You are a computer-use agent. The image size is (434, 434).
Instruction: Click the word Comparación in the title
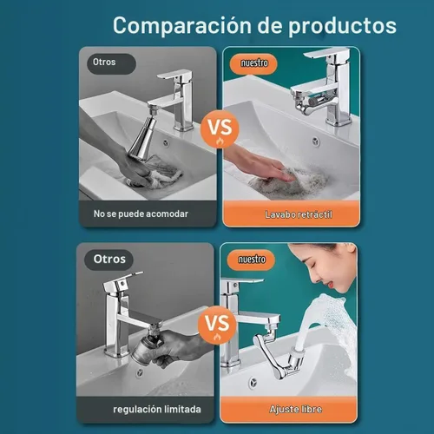pos(182,26)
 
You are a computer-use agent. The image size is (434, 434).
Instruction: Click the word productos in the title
pos(342,27)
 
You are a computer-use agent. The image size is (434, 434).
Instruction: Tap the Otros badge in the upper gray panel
pos(112,63)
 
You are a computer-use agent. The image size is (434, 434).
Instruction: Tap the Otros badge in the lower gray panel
pos(109,260)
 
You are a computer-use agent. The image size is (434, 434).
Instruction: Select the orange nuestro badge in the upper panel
pos(253,63)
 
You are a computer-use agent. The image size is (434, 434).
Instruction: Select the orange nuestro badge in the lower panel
pos(251,260)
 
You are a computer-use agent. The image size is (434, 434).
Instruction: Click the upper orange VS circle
pos(220,129)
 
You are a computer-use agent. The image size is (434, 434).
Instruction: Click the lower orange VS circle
pos(217,325)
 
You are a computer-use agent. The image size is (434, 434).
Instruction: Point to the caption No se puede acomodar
pos(141,214)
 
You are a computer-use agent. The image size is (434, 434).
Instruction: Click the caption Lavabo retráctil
pos(299,214)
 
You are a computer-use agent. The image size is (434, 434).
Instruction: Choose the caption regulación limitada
pos(157,410)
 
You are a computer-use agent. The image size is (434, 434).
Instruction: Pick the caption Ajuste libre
pos(296,410)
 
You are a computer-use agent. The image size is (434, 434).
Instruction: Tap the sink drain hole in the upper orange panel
pos(316,141)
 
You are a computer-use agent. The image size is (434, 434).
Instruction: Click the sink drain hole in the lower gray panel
pos(140,372)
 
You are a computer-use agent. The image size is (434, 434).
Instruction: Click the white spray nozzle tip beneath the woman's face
pos(297,352)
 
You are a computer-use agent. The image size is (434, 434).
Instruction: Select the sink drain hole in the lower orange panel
pos(253,382)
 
